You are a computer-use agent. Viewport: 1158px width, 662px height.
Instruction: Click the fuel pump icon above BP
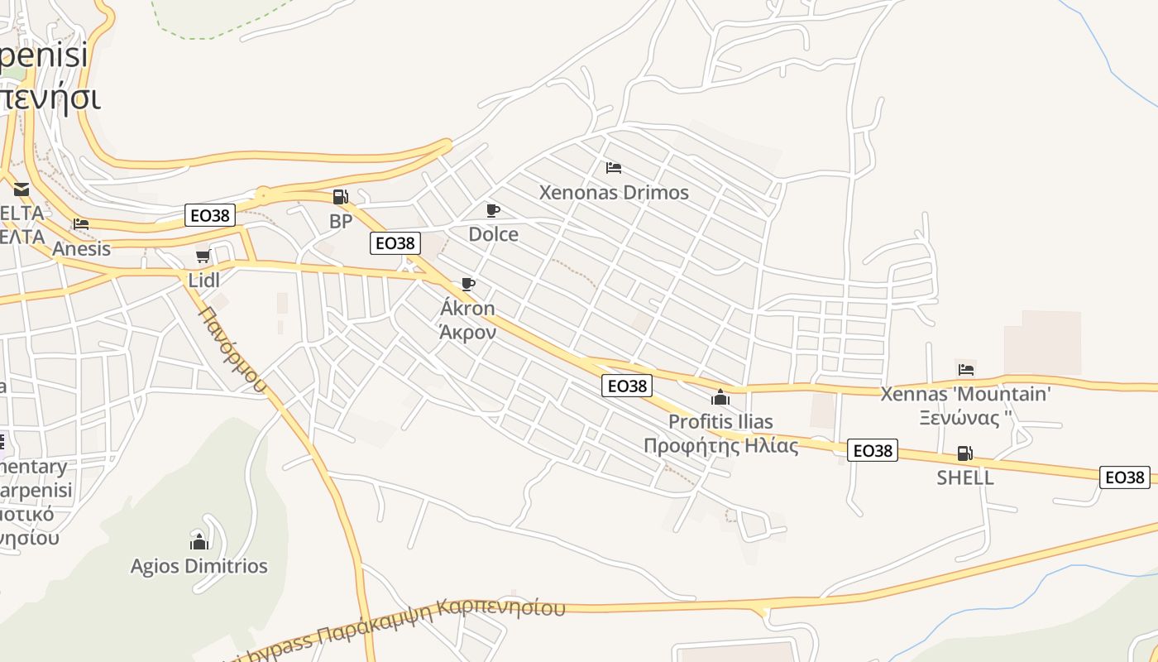340,197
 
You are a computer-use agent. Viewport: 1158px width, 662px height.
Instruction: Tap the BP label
341,222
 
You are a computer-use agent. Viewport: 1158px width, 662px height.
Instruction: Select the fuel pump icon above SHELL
964,453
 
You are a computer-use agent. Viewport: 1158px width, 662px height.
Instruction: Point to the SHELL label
965,478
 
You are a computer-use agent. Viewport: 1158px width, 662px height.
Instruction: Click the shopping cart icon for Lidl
203,256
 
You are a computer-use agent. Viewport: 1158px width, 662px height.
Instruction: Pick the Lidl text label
204,281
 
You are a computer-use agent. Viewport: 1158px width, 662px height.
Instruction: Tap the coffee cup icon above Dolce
493,210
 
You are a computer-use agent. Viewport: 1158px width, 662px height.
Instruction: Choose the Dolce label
494,234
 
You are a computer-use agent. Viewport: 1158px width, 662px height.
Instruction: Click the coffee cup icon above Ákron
468,285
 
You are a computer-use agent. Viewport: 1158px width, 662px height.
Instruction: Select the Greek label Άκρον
467,333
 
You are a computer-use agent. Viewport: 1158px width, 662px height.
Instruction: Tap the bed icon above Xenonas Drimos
614,168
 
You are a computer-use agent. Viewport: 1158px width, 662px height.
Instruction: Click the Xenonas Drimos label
614,193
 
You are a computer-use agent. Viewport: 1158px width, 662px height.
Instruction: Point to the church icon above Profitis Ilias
720,397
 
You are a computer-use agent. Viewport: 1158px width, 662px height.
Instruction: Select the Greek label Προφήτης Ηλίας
721,447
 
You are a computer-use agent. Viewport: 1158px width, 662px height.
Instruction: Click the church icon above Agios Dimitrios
199,541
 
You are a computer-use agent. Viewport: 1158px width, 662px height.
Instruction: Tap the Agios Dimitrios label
199,567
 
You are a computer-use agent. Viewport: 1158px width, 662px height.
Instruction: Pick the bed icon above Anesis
81,224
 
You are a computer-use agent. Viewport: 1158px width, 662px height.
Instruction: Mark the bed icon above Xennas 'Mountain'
966,369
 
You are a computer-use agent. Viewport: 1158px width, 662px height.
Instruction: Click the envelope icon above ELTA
22,189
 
